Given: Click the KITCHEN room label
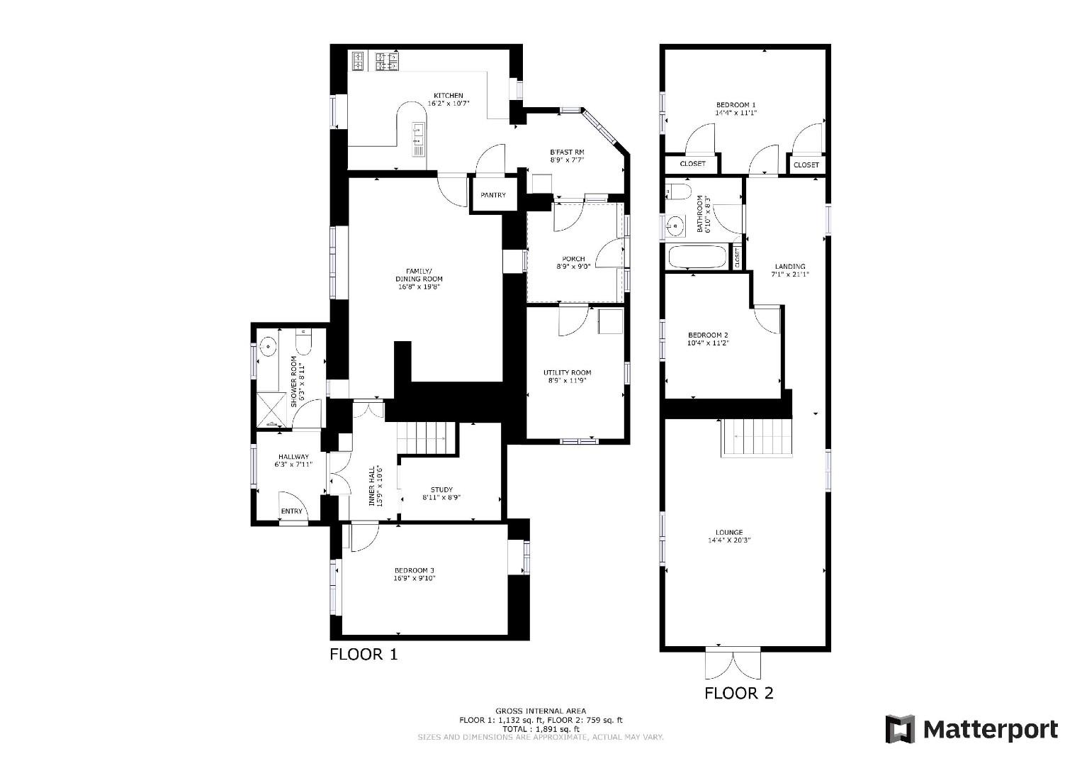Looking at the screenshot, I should click(449, 96).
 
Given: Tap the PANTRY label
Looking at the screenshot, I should click(493, 195).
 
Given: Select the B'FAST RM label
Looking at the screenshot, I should click(567, 152).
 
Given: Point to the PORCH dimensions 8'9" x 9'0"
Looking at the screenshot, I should click(573, 267).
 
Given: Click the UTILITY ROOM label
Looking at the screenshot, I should click(567, 372).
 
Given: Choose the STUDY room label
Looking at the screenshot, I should click(441, 489).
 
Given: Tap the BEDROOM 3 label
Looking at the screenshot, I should click(415, 570).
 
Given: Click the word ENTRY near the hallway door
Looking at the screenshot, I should click(292, 511).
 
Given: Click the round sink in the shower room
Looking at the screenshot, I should click(269, 348).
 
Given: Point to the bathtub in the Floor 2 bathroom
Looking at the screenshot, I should click(697, 257).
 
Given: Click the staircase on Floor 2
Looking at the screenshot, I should click(756, 438).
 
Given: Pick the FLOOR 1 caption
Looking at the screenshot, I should click(364, 654).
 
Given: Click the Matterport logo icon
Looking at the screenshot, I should click(900, 729).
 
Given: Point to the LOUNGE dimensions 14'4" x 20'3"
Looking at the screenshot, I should click(729, 540).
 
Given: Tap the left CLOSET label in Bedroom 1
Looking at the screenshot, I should click(692, 164).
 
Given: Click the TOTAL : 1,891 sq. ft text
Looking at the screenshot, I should click(541, 728).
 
